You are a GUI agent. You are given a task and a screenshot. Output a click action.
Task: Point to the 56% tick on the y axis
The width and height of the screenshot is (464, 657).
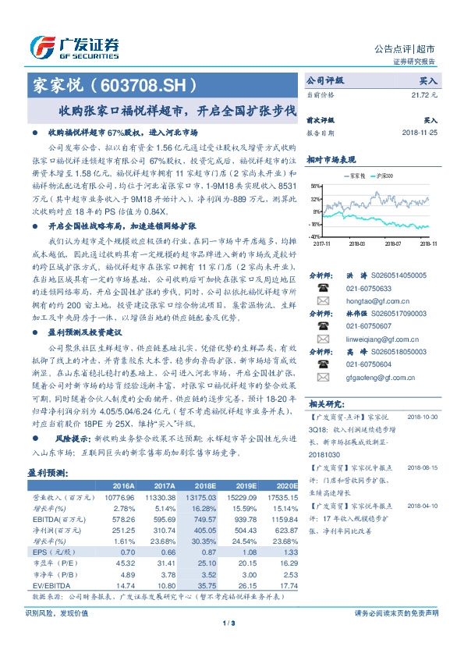317,186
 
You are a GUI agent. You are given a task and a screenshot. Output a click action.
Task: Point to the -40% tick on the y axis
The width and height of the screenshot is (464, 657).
316,236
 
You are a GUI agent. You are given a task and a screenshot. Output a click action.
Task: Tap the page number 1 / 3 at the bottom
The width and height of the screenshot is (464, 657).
231,622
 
